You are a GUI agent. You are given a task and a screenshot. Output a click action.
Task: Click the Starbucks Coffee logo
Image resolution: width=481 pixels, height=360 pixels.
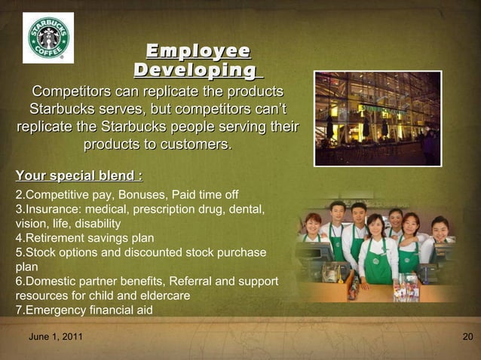click(48, 38)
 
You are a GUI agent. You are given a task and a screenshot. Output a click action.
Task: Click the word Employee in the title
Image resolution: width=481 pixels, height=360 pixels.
click(198, 51)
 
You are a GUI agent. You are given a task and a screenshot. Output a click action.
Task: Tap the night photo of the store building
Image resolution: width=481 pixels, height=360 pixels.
click(378, 118)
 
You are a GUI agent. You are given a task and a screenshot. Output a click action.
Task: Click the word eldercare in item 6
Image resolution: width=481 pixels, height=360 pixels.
click(163, 295)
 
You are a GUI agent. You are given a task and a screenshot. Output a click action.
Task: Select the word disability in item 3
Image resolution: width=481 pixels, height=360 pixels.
click(93, 224)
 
